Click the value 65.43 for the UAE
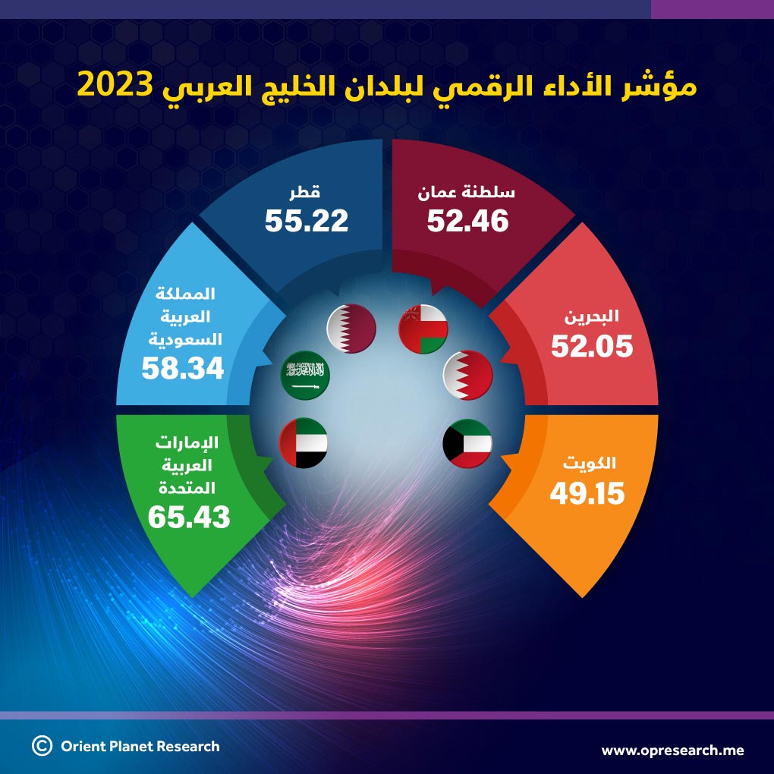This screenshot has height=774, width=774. click(189, 517)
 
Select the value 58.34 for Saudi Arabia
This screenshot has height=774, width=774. click(183, 369)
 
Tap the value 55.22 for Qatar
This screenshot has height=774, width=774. click(307, 221)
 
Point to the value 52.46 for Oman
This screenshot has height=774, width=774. click(467, 221)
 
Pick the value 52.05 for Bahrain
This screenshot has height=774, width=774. click(592, 347)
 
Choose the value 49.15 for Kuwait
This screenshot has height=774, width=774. click(587, 494)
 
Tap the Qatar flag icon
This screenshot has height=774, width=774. click(351, 328)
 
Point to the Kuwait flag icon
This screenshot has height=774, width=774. click(467, 443)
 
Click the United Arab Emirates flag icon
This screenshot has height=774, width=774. click(304, 443)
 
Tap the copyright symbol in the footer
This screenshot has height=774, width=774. click(42, 746)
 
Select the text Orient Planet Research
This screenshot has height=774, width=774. click(140, 746)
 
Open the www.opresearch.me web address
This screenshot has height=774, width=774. click(673, 750)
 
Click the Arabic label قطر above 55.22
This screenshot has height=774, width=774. click(307, 193)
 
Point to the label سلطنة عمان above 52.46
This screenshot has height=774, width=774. click(467, 193)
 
